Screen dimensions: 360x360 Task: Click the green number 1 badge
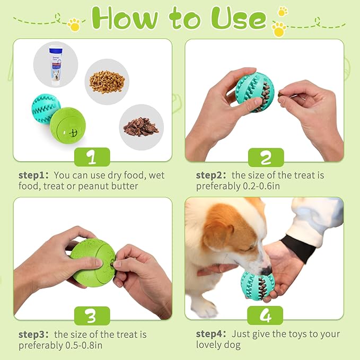click(92, 157)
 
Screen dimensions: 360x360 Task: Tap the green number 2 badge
click(266, 157)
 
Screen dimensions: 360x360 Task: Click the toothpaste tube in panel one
click(56, 66)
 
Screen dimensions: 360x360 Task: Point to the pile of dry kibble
click(107, 81)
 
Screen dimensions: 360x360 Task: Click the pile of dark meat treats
click(141, 127)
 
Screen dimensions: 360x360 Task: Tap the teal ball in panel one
click(46, 109)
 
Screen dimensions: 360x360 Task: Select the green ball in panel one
click(68, 125)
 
